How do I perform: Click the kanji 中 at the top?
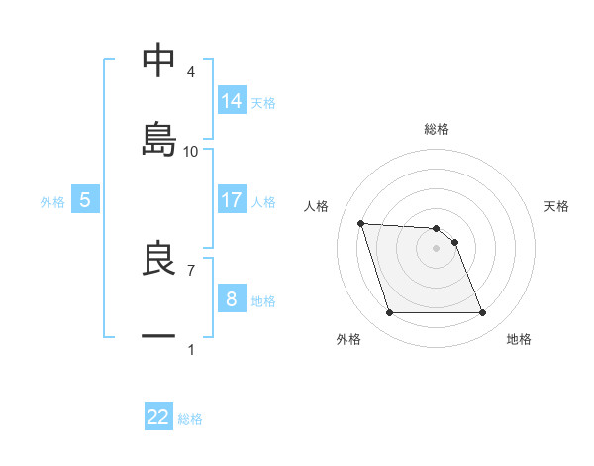tap(158, 60)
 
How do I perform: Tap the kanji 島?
tap(158, 138)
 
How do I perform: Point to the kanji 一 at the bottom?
tap(158, 336)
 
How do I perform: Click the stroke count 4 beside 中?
tap(191, 72)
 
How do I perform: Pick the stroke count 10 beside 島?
tap(191, 152)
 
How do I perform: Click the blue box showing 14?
tap(231, 101)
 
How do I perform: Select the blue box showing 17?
tap(231, 200)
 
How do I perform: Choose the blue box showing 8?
tap(231, 299)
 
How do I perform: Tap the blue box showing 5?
tap(85, 200)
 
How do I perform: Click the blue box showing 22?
tap(158, 417)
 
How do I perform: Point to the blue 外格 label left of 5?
tap(52, 202)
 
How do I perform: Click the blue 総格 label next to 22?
tap(190, 419)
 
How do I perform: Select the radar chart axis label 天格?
tap(556, 206)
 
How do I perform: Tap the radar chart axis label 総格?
tap(437, 129)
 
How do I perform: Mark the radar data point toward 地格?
tap(482, 313)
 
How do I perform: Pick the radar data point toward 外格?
tap(389, 313)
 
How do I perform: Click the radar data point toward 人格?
tap(361, 223)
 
